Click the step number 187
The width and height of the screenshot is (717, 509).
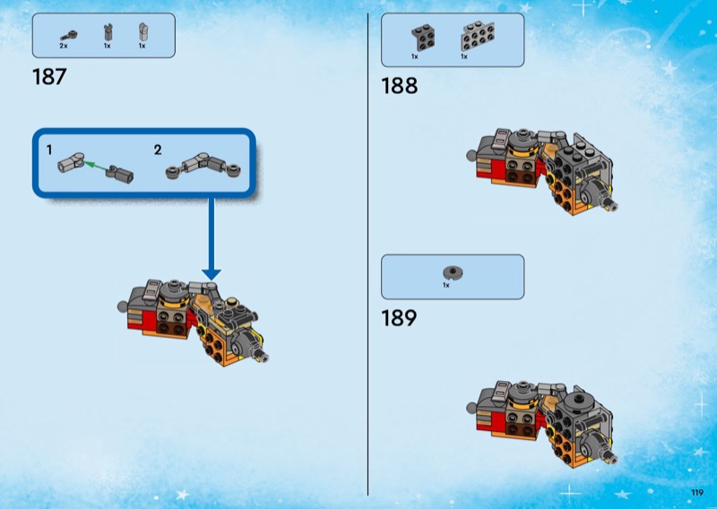click(x=48, y=77)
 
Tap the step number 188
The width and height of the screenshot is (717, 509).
click(x=399, y=86)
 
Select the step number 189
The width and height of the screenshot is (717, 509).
click(x=399, y=318)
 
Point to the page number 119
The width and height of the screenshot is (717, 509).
click(x=695, y=491)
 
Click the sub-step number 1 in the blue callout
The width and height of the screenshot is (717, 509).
click(x=49, y=150)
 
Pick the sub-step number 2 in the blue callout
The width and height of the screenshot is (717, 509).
click(x=158, y=150)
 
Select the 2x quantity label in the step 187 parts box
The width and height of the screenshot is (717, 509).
click(x=64, y=45)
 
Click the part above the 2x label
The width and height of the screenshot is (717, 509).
click(x=65, y=34)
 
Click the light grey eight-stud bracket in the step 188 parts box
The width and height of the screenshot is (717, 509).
click(x=474, y=38)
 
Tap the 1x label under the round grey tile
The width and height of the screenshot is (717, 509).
click(x=445, y=285)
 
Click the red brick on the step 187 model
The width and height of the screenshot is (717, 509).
click(x=143, y=319)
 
